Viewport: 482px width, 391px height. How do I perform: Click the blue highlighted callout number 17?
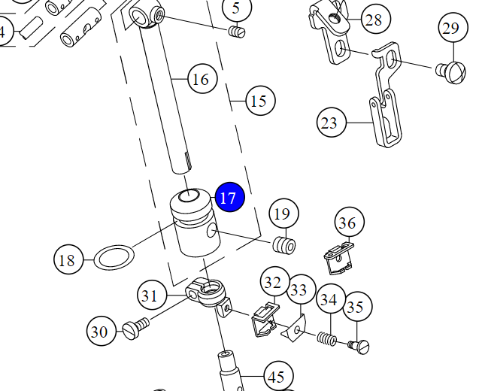pos(229,199)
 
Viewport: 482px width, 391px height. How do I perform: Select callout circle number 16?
pos(201,79)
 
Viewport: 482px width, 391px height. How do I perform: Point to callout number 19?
pos(282,214)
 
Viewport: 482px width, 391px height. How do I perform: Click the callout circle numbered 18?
pos(68,260)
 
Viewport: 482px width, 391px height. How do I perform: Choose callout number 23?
pos(329,122)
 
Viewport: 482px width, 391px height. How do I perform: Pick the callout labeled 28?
pos(374,20)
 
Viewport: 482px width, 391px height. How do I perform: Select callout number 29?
pos(450,29)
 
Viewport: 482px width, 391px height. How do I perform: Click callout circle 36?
pos(347,223)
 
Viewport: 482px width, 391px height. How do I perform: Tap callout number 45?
pos(277,376)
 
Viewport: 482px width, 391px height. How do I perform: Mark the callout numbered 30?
pos(99,331)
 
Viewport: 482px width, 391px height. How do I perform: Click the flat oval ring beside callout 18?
pos(113,258)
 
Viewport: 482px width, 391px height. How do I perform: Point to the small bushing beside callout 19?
pos(283,245)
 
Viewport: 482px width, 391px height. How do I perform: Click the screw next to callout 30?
pos(136,326)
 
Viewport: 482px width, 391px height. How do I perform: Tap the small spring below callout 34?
pos(326,338)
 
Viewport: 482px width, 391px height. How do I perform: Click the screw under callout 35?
pos(359,347)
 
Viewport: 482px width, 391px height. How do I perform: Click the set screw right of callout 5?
pos(237,32)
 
